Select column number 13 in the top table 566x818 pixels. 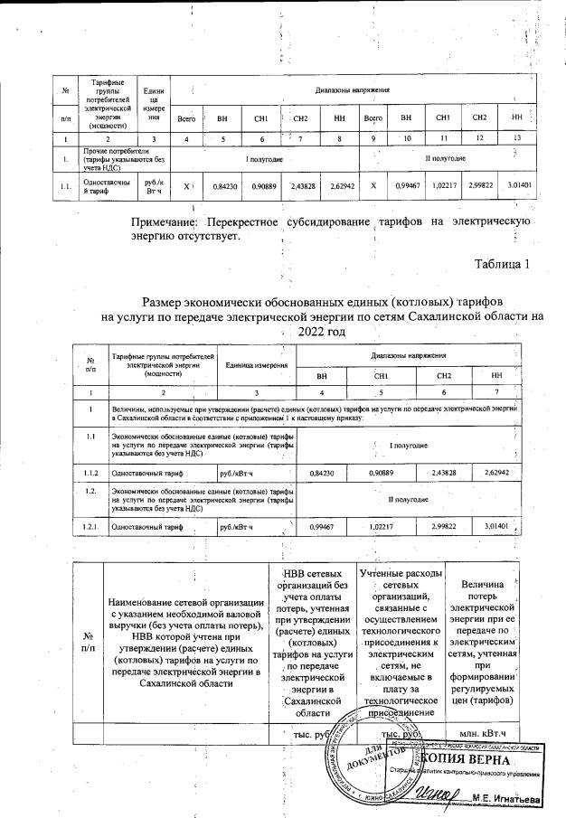pyautogui.click(x=516, y=137)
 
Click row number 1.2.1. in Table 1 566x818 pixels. pyautogui.click(x=90, y=525)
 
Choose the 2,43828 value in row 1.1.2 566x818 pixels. pyautogui.click(x=444, y=471)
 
